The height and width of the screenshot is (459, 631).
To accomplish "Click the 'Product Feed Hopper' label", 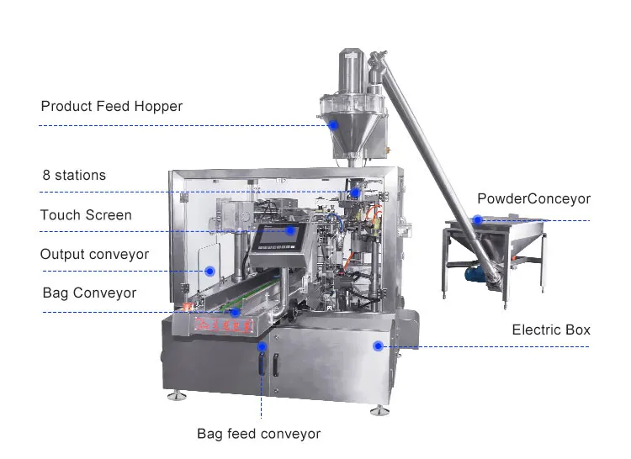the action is pyautogui.click(x=111, y=107).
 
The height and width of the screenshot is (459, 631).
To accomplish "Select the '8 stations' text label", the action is pyautogui.click(x=74, y=176).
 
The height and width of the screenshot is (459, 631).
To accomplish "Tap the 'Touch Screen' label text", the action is pyautogui.click(x=86, y=215).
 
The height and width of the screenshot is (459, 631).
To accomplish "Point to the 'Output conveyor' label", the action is pyautogui.click(x=94, y=254).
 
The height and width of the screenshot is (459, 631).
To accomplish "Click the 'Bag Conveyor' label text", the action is pyautogui.click(x=89, y=293).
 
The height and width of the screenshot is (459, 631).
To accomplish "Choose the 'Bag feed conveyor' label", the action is pyautogui.click(x=258, y=434).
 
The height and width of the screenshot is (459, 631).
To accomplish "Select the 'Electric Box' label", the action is pyautogui.click(x=551, y=330).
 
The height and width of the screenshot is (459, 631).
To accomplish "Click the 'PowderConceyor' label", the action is pyautogui.click(x=533, y=199).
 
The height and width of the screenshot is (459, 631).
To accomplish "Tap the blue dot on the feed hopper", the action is pyautogui.click(x=333, y=125).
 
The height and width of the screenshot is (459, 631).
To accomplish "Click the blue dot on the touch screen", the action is pyautogui.click(x=289, y=230).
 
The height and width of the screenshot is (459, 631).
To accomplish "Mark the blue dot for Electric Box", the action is pyautogui.click(x=378, y=346).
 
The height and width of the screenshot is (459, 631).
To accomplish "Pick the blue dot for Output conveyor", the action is pyautogui.click(x=209, y=271).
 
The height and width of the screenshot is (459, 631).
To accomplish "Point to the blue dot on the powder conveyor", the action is pyautogui.click(x=477, y=220).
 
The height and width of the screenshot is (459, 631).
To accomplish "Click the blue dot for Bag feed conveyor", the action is pyautogui.click(x=262, y=346).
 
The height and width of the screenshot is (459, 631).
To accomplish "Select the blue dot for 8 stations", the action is pyautogui.click(x=355, y=192).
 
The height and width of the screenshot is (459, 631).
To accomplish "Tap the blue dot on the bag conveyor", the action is pyautogui.click(x=236, y=312).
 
